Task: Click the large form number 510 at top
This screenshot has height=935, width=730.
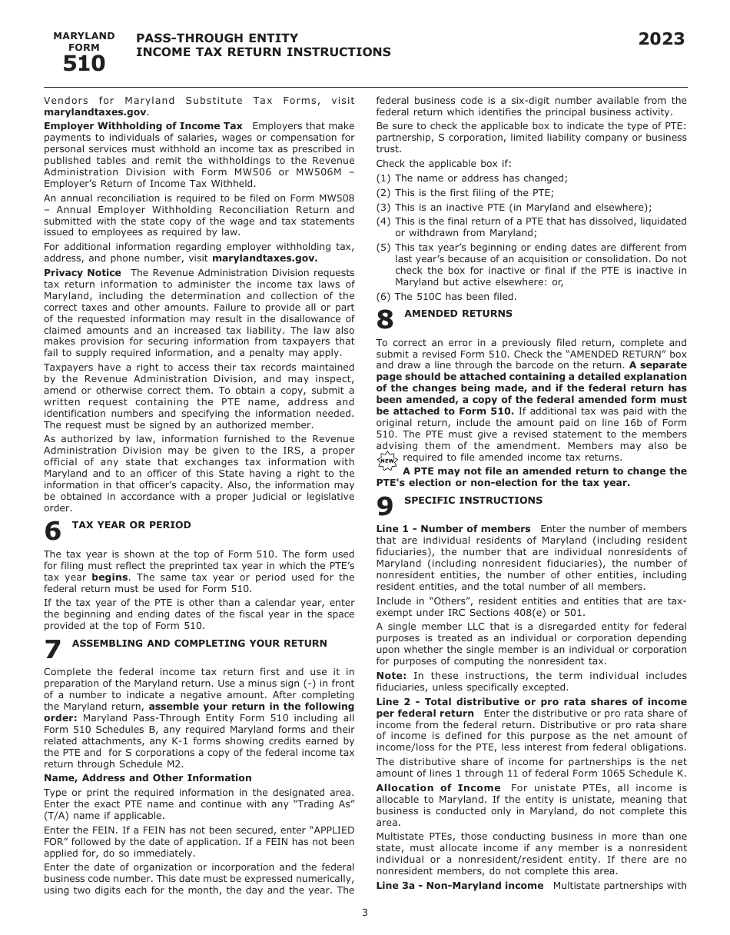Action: (84, 64)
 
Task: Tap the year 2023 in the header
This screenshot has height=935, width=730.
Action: (661, 40)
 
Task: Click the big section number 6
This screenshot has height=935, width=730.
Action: (52, 532)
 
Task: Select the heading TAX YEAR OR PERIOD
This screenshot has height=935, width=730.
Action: (131, 525)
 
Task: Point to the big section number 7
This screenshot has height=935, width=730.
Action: (52, 650)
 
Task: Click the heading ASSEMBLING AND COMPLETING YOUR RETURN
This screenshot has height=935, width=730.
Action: (199, 643)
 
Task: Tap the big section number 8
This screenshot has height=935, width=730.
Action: (385, 320)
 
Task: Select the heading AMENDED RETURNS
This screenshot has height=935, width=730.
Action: (447, 313)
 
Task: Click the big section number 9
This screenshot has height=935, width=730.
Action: (385, 507)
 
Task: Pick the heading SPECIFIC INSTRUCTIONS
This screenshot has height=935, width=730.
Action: (473, 501)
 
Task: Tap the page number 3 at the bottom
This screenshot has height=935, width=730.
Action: (365, 913)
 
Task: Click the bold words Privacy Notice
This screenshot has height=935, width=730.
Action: (82, 273)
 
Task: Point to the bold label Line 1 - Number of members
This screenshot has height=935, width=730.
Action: (453, 529)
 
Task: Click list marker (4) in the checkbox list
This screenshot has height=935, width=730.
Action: (383, 221)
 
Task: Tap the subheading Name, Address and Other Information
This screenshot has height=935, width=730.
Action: (148, 778)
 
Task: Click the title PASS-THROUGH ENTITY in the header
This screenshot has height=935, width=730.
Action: (217, 38)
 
